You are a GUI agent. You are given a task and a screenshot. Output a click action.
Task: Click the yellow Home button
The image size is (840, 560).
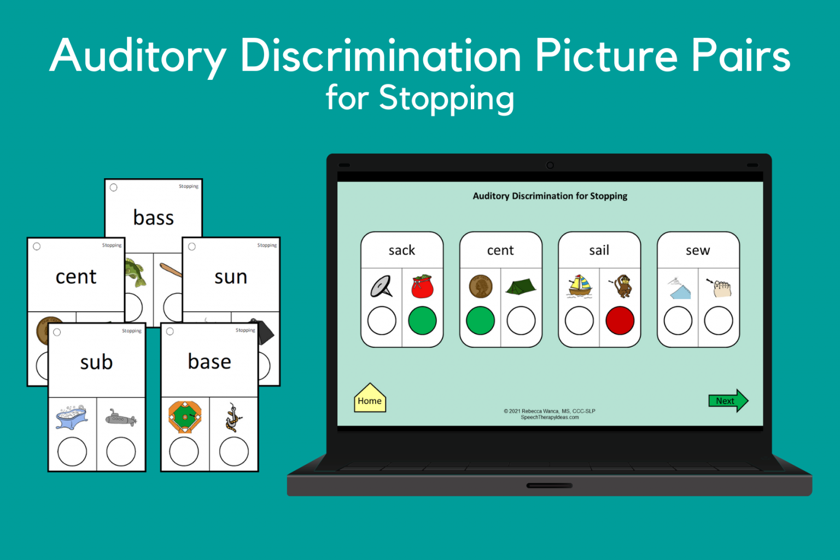[370, 400]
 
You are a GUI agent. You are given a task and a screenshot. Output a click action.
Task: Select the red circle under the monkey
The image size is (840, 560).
[620, 320]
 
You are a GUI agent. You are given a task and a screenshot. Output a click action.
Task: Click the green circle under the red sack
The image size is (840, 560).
[422, 320]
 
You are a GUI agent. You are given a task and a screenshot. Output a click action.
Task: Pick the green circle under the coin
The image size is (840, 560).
[480, 320]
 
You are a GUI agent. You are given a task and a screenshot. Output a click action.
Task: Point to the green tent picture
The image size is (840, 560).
[521, 286]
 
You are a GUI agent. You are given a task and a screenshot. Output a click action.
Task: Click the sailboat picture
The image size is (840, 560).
[580, 286]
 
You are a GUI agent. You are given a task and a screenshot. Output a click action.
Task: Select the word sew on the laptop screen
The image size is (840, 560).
[698, 250]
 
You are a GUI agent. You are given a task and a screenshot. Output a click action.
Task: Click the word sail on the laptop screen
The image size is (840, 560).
[599, 250]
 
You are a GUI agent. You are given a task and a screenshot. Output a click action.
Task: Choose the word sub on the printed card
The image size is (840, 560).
[96, 362]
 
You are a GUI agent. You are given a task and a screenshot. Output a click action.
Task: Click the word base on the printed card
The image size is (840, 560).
[209, 361]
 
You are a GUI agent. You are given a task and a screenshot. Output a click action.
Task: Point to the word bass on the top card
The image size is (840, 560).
[154, 218]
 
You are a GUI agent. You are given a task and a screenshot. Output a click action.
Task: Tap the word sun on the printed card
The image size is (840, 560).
[231, 277]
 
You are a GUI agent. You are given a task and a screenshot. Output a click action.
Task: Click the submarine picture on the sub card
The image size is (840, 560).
[121, 419]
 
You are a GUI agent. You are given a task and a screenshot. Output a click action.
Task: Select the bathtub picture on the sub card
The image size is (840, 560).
[72, 418]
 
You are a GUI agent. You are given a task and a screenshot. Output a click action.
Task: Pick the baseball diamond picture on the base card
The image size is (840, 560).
[185, 417]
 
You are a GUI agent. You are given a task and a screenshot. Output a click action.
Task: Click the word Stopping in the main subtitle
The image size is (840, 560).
[446, 98]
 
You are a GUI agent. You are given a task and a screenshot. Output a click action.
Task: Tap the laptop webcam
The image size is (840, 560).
[550, 165]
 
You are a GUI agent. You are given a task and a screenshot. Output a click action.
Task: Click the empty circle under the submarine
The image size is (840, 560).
[121, 452]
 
